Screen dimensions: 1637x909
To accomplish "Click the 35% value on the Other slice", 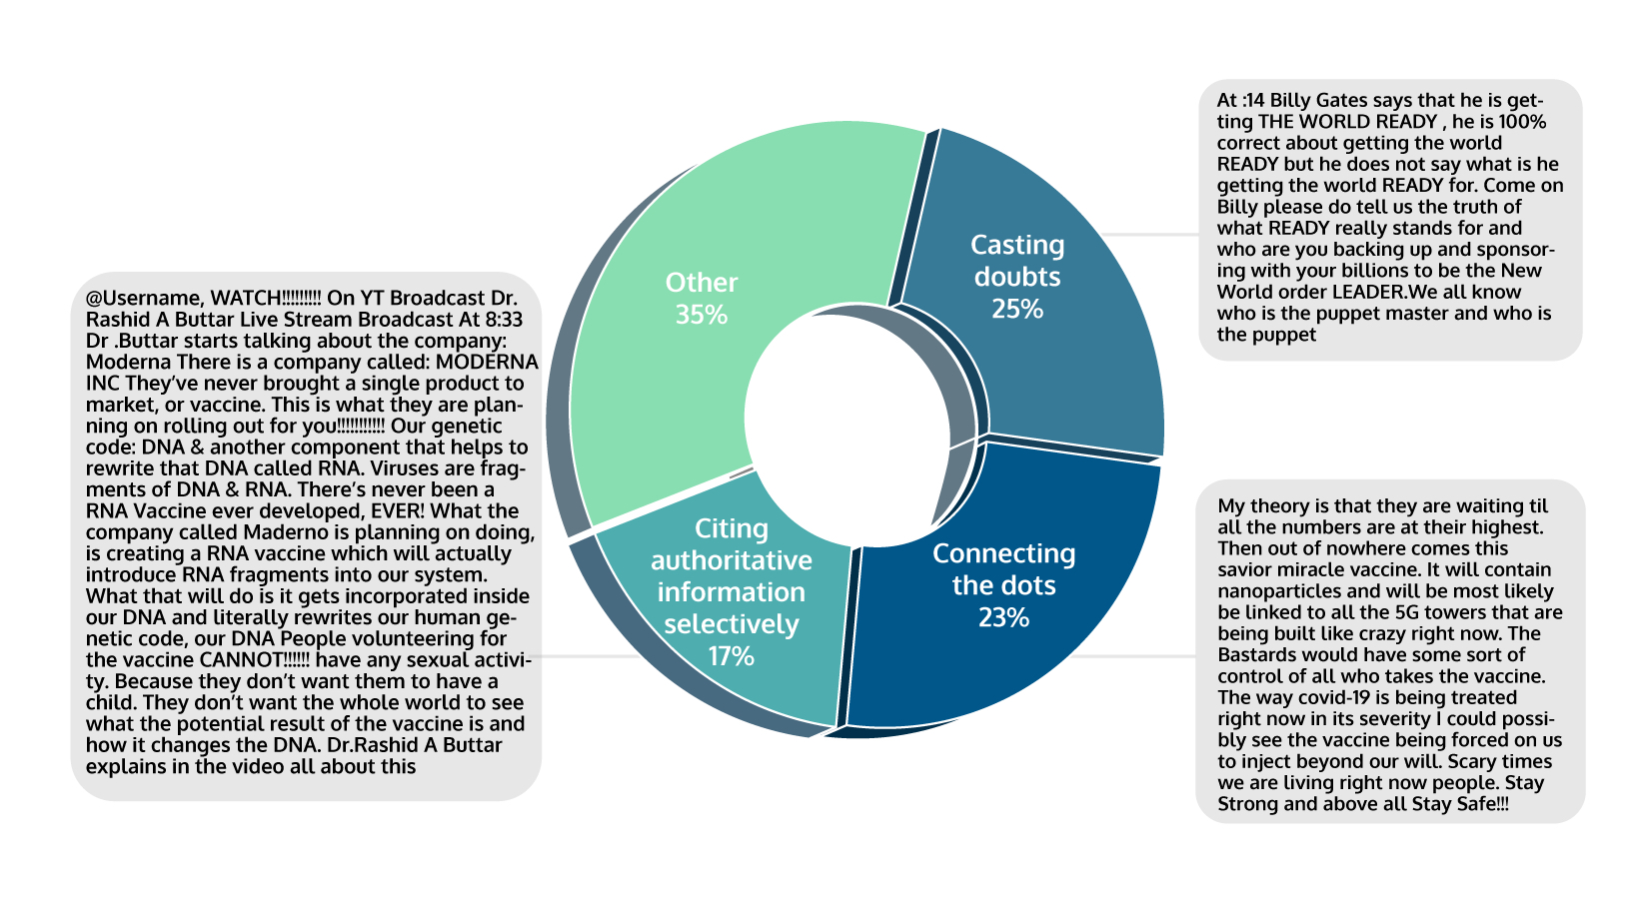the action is click(x=701, y=315).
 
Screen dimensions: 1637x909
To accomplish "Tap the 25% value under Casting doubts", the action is click(x=1017, y=310).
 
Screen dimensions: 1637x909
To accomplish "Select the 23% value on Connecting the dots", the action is click(x=1003, y=618).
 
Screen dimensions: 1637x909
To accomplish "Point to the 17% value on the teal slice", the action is click(x=731, y=656).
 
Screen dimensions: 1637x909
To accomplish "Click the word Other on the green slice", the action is click(x=702, y=283).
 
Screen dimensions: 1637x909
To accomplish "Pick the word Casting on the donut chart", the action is click(x=1017, y=246).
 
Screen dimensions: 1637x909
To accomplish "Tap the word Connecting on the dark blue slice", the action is click(x=1003, y=554).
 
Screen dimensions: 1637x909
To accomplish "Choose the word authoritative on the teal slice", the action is click(x=731, y=560).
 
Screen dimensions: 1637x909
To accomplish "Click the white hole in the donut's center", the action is click(x=845, y=420).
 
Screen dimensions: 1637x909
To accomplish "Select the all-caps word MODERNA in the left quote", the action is click(x=487, y=362).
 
